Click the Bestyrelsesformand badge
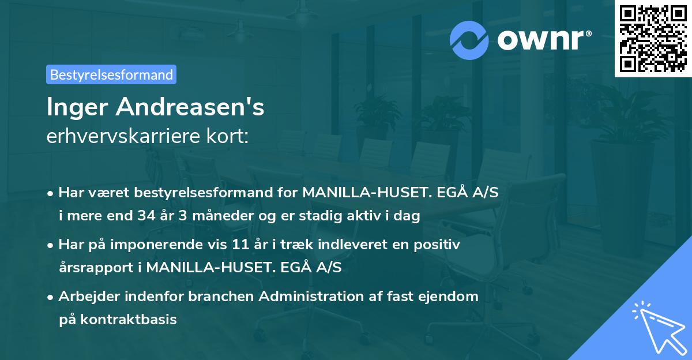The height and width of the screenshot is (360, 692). [111, 74]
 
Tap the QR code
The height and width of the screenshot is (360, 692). [652, 38]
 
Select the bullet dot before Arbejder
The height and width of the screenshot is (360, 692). [51, 297]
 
